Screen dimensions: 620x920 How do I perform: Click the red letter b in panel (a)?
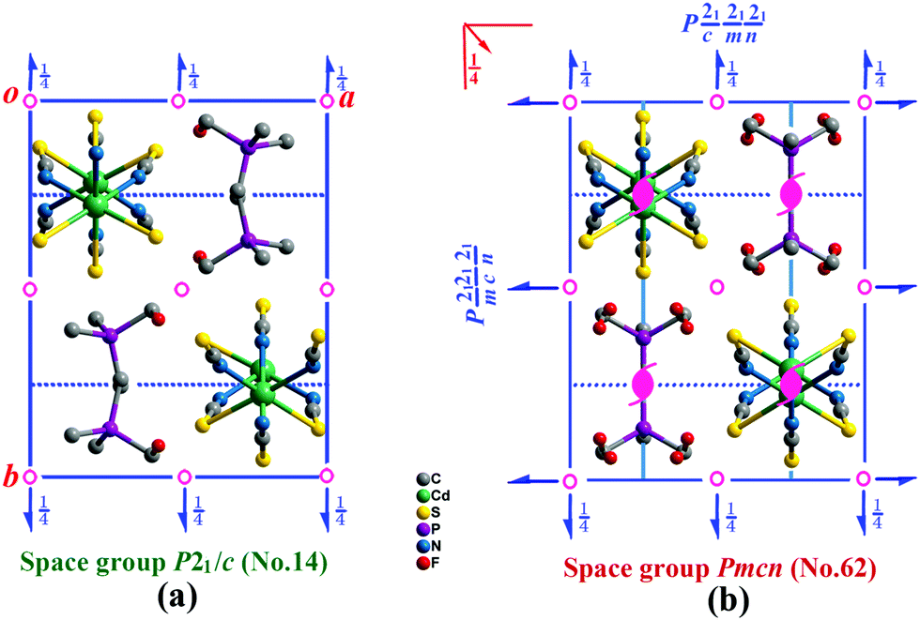click(x=12, y=476)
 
